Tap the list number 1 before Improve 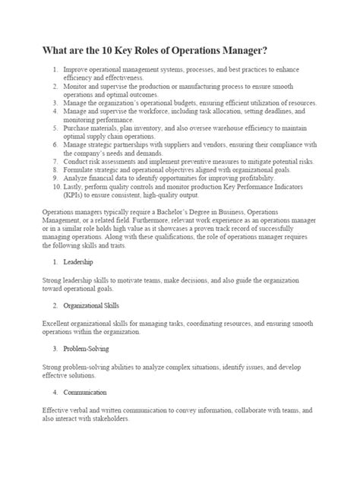coord(55,70)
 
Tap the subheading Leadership coord(78,261)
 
